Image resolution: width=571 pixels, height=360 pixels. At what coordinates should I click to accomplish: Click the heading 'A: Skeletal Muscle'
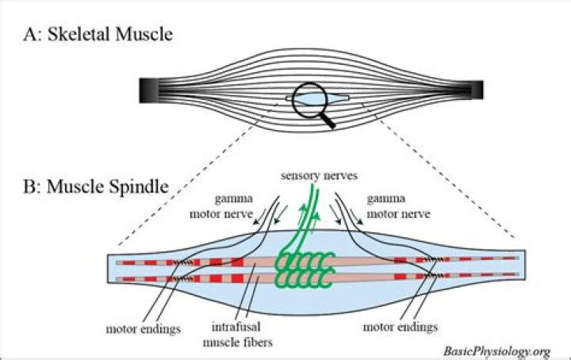click(x=98, y=34)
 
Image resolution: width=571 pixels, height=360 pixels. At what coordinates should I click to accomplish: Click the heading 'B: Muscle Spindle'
click(x=96, y=186)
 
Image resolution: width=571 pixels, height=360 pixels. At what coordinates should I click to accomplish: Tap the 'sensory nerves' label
click(x=319, y=175)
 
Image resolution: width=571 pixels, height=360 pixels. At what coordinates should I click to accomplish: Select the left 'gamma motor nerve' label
click(x=221, y=206)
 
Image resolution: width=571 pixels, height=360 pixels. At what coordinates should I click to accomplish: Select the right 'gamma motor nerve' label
click(x=398, y=206)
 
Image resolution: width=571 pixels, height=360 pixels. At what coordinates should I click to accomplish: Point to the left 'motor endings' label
click(x=143, y=329)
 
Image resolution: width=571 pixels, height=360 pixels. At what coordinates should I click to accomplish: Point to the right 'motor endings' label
click(x=400, y=327)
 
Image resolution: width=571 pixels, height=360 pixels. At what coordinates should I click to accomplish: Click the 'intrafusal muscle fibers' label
click(x=237, y=334)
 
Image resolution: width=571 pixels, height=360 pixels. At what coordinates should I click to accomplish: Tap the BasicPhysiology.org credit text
click(x=496, y=351)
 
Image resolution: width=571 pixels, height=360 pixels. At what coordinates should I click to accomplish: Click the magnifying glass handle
click(x=328, y=120)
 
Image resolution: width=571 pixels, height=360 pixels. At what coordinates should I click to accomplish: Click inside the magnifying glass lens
click(x=310, y=99)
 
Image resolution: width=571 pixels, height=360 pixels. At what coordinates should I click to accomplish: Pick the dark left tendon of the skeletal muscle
click(x=148, y=90)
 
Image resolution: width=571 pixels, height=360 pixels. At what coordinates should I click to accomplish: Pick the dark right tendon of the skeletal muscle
click(x=477, y=90)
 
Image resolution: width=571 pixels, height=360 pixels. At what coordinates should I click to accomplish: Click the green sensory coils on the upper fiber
click(x=305, y=261)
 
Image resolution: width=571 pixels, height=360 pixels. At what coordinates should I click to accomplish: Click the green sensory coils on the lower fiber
click(x=305, y=278)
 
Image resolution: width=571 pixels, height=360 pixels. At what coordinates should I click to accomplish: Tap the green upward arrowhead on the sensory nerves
click(x=316, y=216)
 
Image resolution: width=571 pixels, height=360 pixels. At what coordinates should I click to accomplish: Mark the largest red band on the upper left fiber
click(x=237, y=262)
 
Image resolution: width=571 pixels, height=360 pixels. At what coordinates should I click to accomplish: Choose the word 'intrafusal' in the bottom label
click(x=236, y=327)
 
